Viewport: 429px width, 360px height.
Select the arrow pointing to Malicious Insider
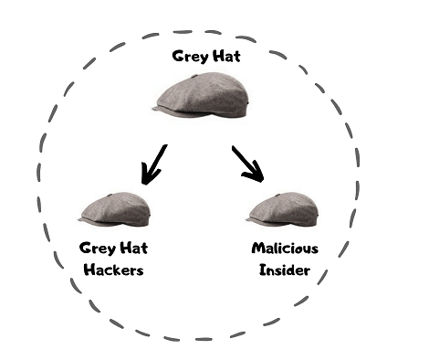tap(248, 164)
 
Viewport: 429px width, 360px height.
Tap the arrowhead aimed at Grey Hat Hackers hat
tap(145, 174)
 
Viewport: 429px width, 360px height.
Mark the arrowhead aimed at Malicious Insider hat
tap(259, 175)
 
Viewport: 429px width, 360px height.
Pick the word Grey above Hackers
tap(98, 248)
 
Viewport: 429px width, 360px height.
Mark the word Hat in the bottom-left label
tap(131, 248)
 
